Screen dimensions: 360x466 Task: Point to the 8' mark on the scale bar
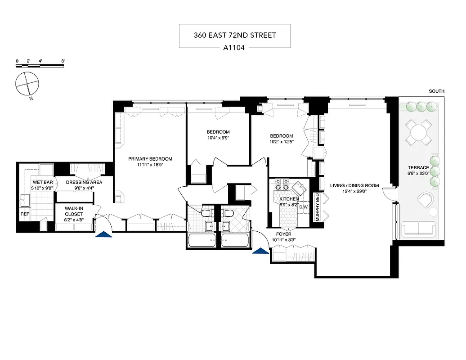tap(63, 61)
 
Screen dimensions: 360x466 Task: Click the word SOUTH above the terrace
tap(436, 91)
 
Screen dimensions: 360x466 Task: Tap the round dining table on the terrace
tap(418, 132)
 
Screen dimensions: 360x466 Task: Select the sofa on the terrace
tap(419, 229)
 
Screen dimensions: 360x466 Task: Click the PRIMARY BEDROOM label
tap(150, 159)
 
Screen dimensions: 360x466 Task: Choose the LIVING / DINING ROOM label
tap(354, 185)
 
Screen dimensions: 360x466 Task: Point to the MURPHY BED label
tap(317, 207)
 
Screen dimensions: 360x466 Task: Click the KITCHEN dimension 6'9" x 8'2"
tap(288, 204)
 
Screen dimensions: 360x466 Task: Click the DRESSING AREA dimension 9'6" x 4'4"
tap(84, 188)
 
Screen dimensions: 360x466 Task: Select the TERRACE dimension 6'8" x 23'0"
tap(418, 171)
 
